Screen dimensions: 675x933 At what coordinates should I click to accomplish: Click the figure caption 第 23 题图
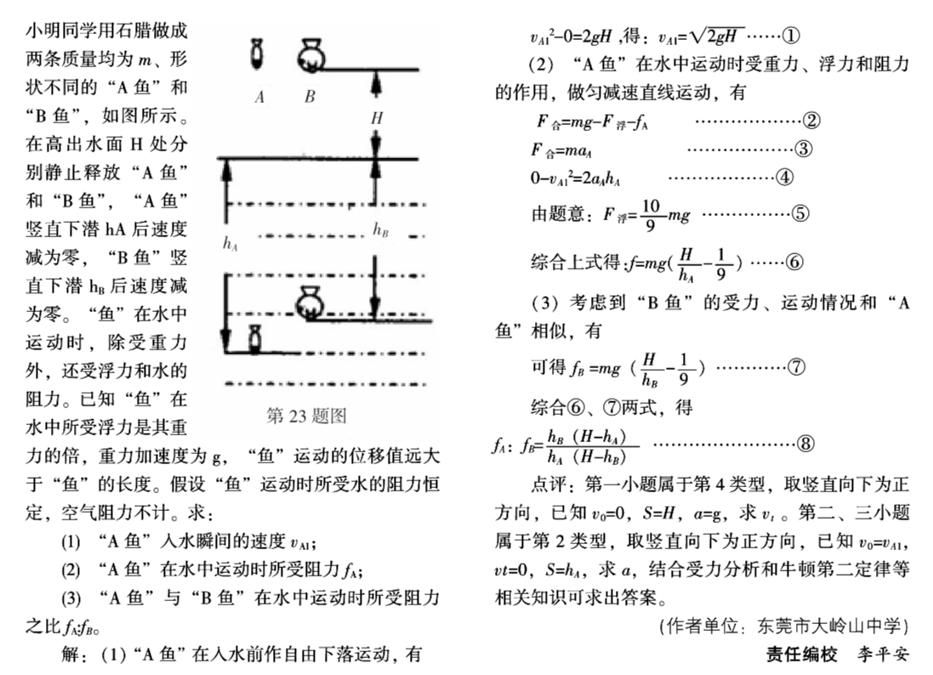(306, 416)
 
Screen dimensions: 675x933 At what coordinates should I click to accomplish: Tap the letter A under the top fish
(259, 97)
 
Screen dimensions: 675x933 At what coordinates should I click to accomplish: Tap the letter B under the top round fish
(310, 97)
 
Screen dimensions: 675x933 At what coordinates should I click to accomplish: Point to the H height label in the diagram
(376, 119)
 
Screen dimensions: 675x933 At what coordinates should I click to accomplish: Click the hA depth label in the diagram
(230, 243)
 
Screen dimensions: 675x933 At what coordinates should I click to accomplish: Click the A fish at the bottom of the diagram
(253, 339)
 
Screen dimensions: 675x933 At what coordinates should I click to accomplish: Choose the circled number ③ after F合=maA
(803, 149)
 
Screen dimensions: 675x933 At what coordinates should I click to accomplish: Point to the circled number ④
(784, 178)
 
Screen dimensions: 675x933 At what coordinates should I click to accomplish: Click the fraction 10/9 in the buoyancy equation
(651, 213)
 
